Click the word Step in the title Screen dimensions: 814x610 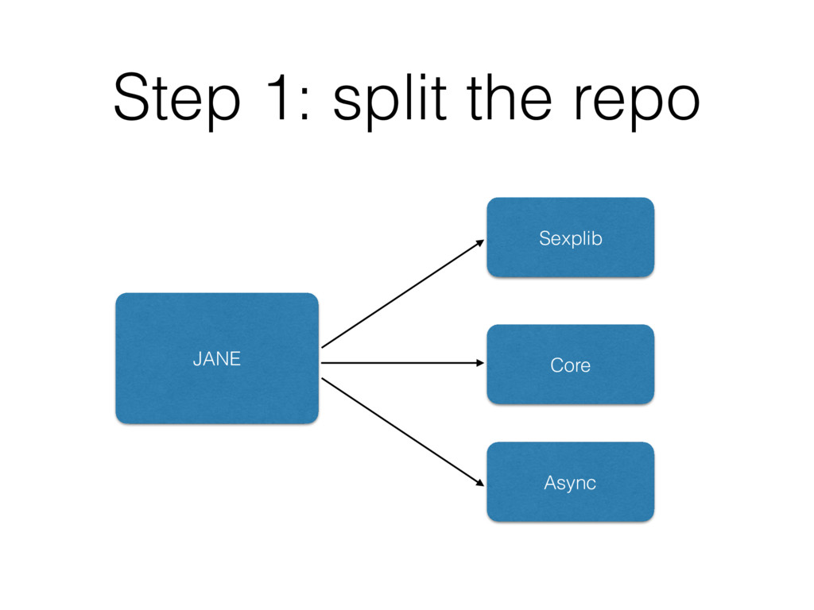(x=176, y=99)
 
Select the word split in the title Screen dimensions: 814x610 (x=390, y=99)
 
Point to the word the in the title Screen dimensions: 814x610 (x=509, y=98)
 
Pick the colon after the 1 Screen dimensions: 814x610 (x=304, y=103)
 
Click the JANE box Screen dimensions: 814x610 (x=217, y=358)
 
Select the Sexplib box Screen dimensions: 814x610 (x=571, y=237)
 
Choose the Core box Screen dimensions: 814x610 (x=571, y=364)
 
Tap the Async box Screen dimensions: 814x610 (x=571, y=482)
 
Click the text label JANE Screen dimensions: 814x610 (x=217, y=359)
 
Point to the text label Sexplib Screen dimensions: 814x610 (x=571, y=238)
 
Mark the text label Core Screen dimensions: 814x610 (x=571, y=365)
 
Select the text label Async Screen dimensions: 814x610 (x=570, y=484)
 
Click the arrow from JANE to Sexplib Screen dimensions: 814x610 (x=403, y=294)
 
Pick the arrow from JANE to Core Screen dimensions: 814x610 (x=403, y=363)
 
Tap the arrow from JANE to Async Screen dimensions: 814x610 (x=403, y=432)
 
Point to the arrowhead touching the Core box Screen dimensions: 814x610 (x=481, y=363)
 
